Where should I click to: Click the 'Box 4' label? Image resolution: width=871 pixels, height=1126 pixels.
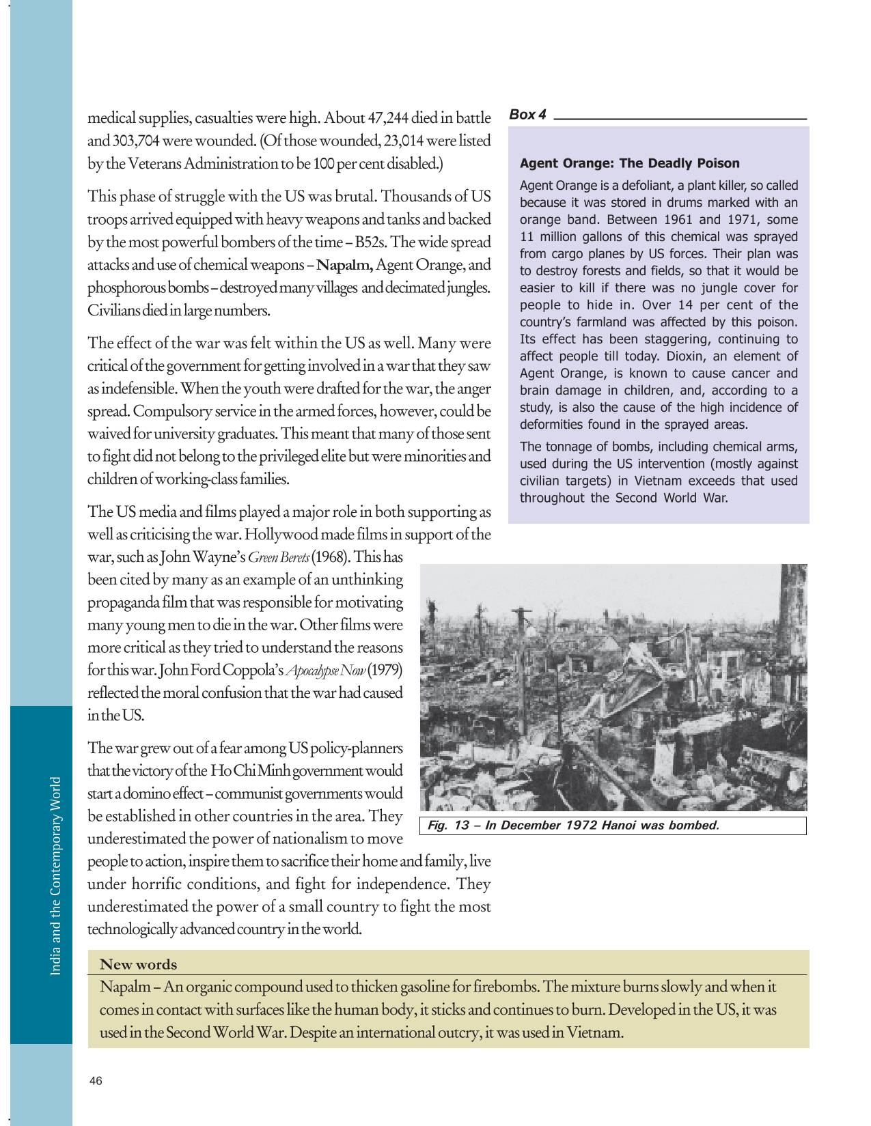[528, 115]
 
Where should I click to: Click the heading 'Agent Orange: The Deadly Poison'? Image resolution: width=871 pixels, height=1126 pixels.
[629, 163]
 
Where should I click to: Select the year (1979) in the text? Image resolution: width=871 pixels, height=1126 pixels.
[385, 670]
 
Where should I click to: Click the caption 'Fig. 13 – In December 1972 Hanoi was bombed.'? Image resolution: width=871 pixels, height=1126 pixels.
[572, 826]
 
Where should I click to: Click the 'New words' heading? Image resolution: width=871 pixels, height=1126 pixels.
[138, 964]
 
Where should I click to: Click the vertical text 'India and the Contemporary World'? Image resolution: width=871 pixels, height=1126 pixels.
[57, 875]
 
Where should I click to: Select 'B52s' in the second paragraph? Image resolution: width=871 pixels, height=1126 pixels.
[370, 242]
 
